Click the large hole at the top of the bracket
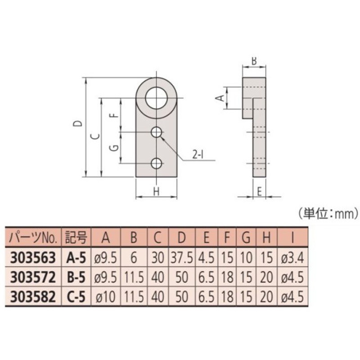tap(156, 98)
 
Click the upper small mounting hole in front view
tap(156, 132)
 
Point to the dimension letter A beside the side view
tap(220, 98)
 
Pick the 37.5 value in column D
tap(182, 257)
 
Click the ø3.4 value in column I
tap(293, 257)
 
